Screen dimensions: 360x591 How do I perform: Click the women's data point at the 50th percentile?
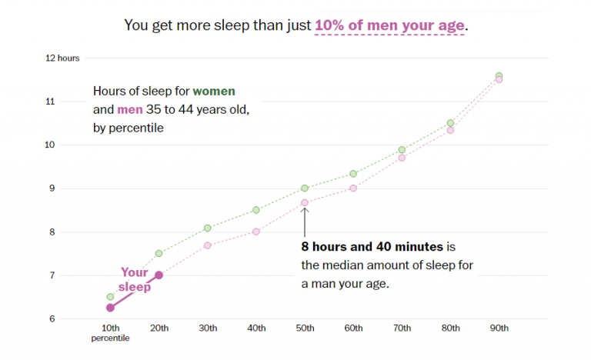click(x=305, y=188)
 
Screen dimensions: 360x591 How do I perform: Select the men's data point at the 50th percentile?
click(x=305, y=203)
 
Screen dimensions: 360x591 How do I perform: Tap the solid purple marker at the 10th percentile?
click(x=110, y=308)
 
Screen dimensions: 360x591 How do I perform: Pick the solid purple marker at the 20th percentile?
click(x=159, y=275)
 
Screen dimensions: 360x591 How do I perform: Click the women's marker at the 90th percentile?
click(x=499, y=75)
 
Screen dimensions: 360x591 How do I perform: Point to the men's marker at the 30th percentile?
click(x=208, y=245)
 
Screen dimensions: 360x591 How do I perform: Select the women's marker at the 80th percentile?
click(x=451, y=123)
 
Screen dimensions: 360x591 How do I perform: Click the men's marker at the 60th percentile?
click(x=353, y=188)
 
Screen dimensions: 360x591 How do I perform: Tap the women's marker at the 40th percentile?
click(x=256, y=210)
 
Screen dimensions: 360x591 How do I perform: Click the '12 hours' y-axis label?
click(x=62, y=58)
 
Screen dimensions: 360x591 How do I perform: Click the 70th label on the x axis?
click(x=402, y=328)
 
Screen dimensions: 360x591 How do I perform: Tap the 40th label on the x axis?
click(x=256, y=328)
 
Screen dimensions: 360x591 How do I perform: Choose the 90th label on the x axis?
click(x=499, y=328)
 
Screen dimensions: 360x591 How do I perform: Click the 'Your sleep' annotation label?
click(x=135, y=279)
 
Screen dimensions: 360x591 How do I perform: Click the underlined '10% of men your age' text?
click(x=389, y=25)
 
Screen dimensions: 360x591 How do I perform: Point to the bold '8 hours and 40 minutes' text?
click(x=372, y=247)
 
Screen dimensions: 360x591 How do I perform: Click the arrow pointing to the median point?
click(x=305, y=222)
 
